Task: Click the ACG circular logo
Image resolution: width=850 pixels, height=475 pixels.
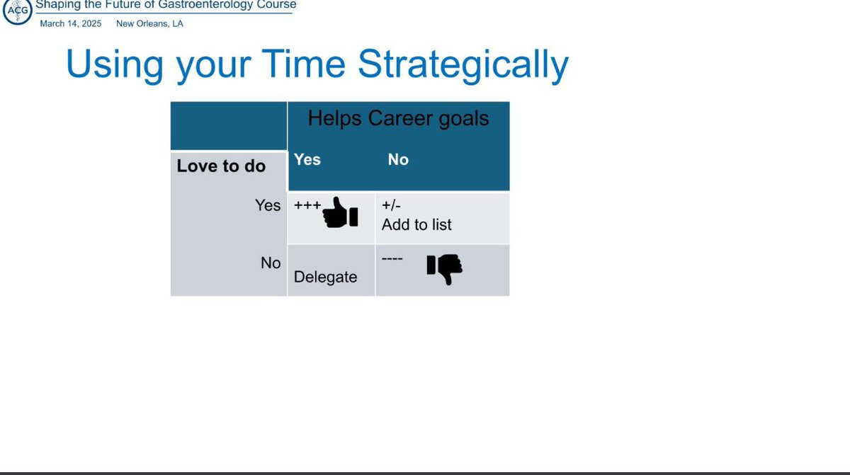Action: coord(18,11)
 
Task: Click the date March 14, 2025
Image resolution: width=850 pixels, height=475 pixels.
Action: coord(71,23)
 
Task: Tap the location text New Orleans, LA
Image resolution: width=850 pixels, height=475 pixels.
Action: coord(149,23)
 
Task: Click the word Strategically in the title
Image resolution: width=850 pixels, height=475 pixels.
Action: coord(463,65)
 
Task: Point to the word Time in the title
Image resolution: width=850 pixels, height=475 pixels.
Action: coord(303,63)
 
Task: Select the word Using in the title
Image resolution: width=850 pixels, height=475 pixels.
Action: coord(115,65)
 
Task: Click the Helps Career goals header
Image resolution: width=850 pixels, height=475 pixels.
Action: coord(398,118)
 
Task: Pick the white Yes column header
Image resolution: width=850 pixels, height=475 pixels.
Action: coord(307,159)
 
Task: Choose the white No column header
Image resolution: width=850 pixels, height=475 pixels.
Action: coord(398,159)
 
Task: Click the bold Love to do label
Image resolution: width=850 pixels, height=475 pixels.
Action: coord(221,166)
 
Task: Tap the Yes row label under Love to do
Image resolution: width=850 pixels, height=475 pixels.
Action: coord(268,205)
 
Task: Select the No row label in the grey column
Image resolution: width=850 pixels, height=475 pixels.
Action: coord(271,263)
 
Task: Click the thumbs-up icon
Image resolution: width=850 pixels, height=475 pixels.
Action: coord(340,212)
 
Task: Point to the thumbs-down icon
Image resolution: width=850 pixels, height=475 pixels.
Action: coord(444,269)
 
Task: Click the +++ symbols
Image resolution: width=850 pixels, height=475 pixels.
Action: coord(307,205)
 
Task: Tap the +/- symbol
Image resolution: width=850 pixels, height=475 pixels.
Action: coord(391,205)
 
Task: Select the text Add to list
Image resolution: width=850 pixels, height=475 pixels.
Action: coord(416,225)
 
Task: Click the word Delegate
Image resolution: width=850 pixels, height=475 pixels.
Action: coord(325,277)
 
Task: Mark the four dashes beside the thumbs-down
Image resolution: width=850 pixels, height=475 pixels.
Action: coord(392,259)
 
